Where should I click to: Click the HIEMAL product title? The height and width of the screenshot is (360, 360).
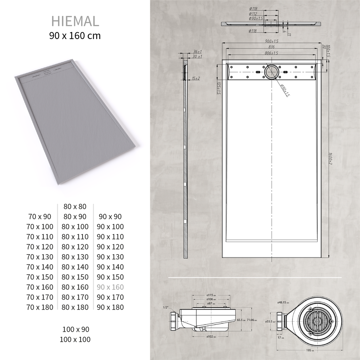click(x=75, y=21)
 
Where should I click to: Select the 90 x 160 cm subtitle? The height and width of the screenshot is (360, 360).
click(x=75, y=36)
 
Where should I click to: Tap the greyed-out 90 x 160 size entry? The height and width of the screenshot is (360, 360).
click(x=110, y=287)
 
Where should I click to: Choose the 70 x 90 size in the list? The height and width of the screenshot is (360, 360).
click(x=40, y=217)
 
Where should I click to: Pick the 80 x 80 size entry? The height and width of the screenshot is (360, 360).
click(x=75, y=206)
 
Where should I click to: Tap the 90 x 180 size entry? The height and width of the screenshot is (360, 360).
click(x=110, y=307)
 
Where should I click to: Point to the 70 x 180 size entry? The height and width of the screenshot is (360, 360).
click(x=40, y=307)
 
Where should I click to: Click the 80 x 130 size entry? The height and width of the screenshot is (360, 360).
click(x=75, y=257)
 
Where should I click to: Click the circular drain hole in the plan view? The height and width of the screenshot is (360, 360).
click(x=271, y=72)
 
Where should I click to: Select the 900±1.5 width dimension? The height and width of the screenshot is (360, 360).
click(x=271, y=41)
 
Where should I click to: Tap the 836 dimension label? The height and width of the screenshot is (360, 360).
click(x=271, y=47)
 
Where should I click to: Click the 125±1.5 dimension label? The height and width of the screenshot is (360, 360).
click(x=219, y=89)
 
